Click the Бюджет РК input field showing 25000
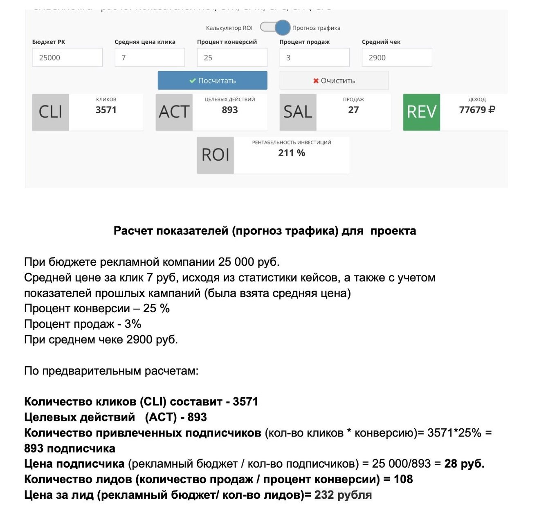click(67, 58)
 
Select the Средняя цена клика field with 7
click(150, 58)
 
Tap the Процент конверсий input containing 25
click(232, 58)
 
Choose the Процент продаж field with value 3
click(314, 58)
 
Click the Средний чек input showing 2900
click(397, 58)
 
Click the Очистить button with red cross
click(334, 81)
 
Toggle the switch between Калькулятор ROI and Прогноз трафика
click(275, 28)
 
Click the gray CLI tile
click(51, 112)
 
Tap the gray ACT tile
click(174, 112)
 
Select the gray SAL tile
click(298, 112)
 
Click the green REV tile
click(422, 112)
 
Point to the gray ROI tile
click(216, 155)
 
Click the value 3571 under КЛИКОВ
click(106, 110)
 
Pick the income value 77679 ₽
click(477, 110)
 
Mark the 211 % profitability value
click(292, 153)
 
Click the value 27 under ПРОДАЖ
click(353, 110)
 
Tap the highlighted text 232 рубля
click(343, 495)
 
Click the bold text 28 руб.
click(464, 464)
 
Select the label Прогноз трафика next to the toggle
click(316, 28)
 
